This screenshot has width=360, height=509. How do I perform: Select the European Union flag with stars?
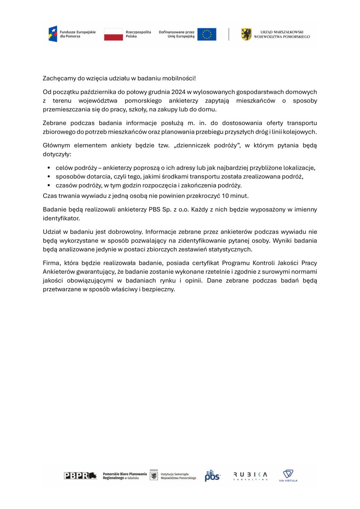pos(207,35)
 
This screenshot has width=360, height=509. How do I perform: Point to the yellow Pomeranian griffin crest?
pos(247,35)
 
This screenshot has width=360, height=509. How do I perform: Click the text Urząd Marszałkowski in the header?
pos(285,32)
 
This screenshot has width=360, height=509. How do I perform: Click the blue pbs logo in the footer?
pos(212,476)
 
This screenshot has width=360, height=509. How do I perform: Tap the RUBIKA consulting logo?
pos(250,476)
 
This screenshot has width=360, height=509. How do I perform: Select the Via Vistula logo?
pos(288,475)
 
